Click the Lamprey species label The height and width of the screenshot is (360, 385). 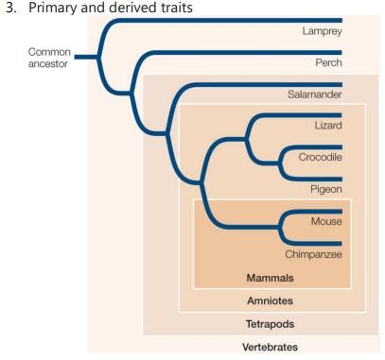tap(321, 31)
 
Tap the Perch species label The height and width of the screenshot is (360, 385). tap(325, 63)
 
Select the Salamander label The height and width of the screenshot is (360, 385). tap(314, 94)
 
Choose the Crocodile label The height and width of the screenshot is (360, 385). tap(319, 157)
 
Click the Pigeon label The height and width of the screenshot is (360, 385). tap(324, 189)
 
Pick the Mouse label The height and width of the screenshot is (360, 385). tap(325, 221)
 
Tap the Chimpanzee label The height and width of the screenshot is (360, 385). tap(313, 253)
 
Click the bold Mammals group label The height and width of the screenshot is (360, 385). tap(270, 278)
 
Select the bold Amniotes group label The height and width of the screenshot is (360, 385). tap(270, 301)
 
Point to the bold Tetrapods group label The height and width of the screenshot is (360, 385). tap(270, 323)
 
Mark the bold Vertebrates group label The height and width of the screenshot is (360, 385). tap(270, 347)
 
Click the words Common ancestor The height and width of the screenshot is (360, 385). tap(49, 57)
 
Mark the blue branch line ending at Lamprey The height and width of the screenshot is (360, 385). tap(236, 18)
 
